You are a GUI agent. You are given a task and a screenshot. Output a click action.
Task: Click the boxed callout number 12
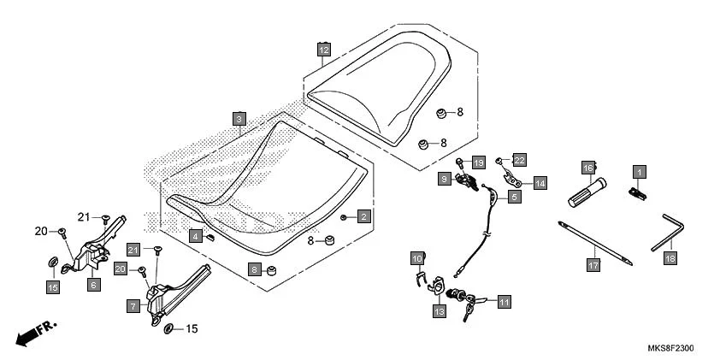tap(324, 49)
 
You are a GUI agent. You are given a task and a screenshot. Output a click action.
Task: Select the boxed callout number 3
tap(239, 119)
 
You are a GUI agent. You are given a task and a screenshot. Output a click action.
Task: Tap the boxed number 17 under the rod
tap(593, 265)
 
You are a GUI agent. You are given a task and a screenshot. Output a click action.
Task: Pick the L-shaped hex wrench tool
tap(668, 233)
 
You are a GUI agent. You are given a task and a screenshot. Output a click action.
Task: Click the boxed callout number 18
tap(670, 258)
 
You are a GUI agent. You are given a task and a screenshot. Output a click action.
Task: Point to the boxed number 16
tap(588, 168)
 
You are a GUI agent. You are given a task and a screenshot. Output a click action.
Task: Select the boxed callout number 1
tap(639, 172)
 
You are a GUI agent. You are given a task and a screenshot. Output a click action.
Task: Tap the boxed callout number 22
tap(519, 160)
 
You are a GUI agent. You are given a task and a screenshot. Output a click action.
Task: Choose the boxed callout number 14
tap(540, 184)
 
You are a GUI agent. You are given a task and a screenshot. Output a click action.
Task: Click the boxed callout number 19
tap(479, 162)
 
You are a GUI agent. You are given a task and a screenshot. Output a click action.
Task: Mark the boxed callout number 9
tap(444, 179)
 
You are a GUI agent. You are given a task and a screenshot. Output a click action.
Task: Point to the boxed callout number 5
tap(514, 198)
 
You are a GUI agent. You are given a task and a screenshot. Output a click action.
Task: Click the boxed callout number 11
tap(505, 302)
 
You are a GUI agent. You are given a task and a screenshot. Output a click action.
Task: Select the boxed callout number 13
tap(439, 312)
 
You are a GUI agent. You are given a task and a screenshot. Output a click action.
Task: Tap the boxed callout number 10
tap(417, 258)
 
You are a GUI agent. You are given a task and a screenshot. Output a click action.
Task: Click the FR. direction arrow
tap(36, 333)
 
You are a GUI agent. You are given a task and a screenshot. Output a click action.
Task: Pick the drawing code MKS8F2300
tap(671, 348)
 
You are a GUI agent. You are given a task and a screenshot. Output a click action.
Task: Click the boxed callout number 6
tap(93, 285)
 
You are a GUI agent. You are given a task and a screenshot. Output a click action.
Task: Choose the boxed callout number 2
tap(363, 216)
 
